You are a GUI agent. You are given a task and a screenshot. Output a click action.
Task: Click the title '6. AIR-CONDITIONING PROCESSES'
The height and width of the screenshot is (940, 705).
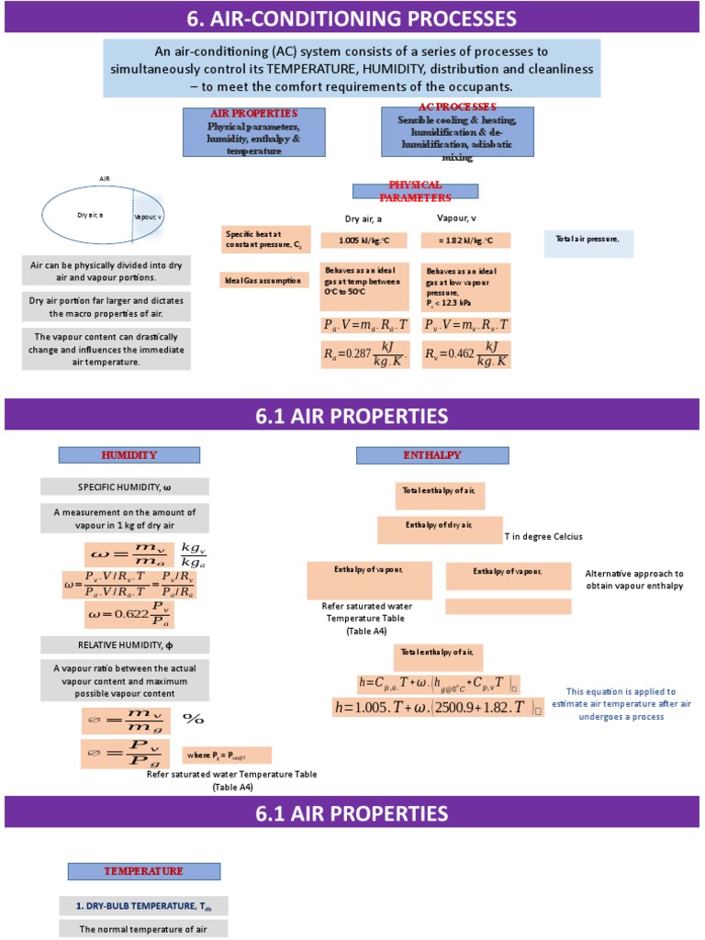click(x=352, y=17)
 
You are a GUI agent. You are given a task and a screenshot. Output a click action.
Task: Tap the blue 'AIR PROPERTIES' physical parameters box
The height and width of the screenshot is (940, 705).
click(x=254, y=132)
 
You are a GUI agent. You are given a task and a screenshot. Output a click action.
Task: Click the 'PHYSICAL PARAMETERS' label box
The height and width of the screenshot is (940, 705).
click(x=416, y=191)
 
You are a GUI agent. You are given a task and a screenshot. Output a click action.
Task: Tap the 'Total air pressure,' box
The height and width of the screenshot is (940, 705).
click(x=588, y=243)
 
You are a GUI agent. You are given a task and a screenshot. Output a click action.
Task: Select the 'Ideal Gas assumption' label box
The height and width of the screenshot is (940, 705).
click(x=263, y=279)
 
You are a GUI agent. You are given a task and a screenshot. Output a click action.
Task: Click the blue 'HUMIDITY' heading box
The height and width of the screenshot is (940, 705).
click(x=129, y=455)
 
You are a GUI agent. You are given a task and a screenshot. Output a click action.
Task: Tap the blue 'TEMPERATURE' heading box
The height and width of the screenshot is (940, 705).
click(x=143, y=871)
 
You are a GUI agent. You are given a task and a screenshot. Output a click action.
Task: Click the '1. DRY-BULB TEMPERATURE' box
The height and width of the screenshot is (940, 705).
click(x=143, y=906)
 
